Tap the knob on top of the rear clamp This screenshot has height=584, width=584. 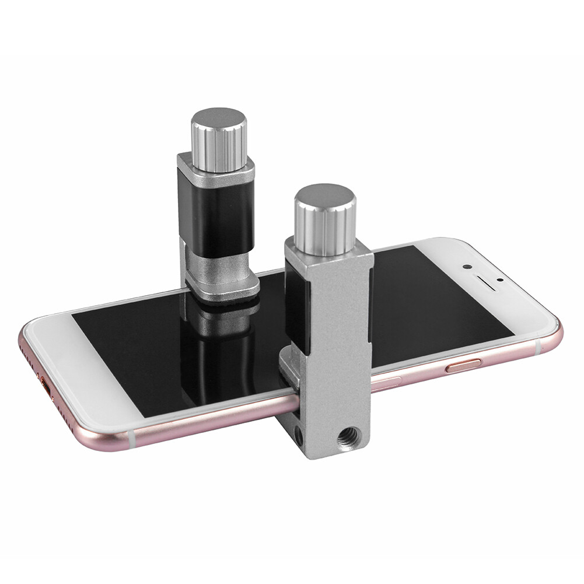(219, 140)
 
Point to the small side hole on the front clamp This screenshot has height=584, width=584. (298, 434)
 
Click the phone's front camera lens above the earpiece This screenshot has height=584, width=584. (466, 266)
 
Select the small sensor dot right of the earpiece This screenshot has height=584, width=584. (500, 280)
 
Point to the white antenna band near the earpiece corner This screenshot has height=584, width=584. (537, 347)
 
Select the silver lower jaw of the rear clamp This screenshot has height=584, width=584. (225, 286)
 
